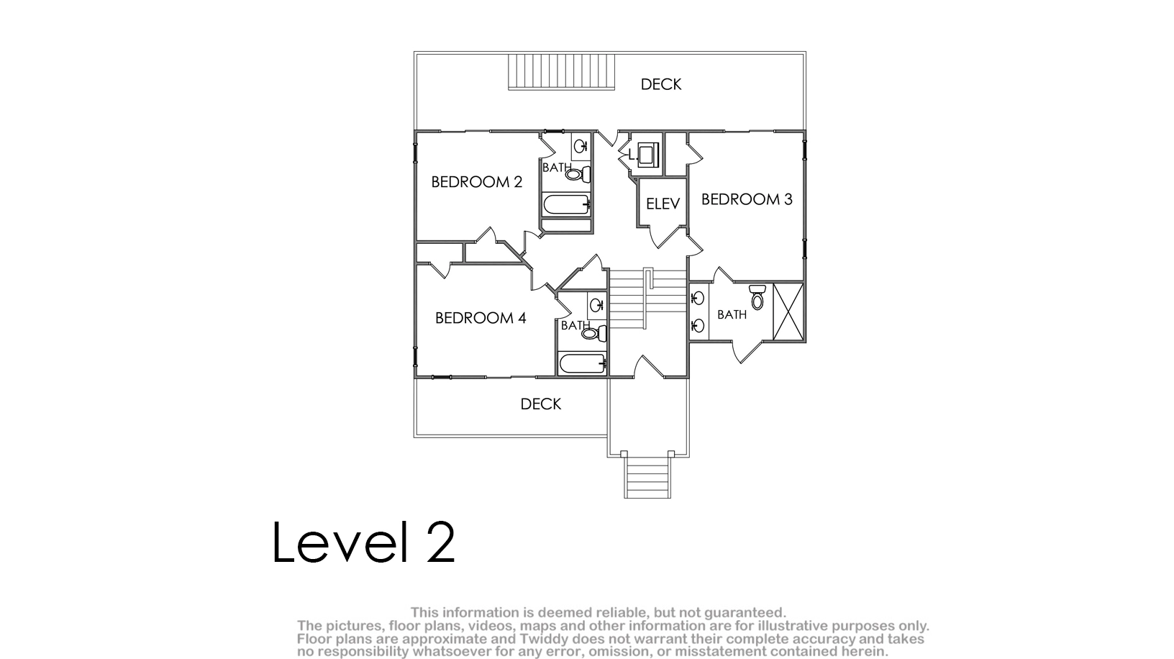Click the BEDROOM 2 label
476,182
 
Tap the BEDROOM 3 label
747,199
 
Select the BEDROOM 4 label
481,318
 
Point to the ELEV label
663,204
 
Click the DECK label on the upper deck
661,84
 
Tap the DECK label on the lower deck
541,404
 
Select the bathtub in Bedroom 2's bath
567,204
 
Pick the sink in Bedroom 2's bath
581,146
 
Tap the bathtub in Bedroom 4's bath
583,363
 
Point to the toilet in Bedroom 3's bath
757,297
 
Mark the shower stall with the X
788,312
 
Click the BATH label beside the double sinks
732,314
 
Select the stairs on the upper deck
561,71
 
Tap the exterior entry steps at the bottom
647,477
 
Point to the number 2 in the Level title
440,542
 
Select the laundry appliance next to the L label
648,155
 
